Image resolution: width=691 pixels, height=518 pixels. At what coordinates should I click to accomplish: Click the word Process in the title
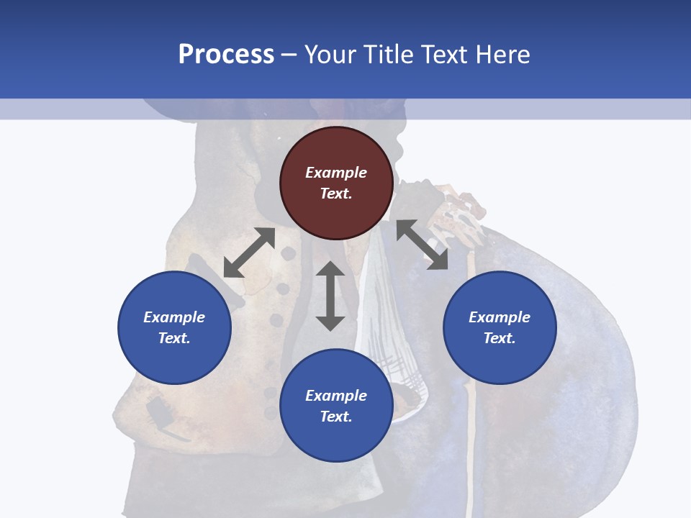click(226, 55)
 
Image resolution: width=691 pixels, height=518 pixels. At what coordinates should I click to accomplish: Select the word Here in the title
click(502, 55)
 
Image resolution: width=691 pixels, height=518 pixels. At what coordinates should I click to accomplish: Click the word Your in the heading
click(331, 55)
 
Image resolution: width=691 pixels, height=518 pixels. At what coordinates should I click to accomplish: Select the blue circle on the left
click(174, 327)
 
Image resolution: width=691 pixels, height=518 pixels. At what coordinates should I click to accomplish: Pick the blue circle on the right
click(500, 327)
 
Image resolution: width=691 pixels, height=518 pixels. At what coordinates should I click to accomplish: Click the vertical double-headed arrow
click(330, 296)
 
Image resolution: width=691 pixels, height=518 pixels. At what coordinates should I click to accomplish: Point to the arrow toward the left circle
click(249, 253)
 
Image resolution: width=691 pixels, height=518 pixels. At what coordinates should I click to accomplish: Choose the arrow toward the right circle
click(422, 245)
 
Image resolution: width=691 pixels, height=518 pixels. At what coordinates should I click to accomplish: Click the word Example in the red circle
click(336, 173)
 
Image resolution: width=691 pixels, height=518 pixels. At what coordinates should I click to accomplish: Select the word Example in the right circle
click(500, 317)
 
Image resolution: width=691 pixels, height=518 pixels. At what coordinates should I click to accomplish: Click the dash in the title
click(289, 55)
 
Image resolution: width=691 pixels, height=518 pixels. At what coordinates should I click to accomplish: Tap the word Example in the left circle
click(174, 317)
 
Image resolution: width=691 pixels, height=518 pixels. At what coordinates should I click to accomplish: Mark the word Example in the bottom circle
click(336, 396)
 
